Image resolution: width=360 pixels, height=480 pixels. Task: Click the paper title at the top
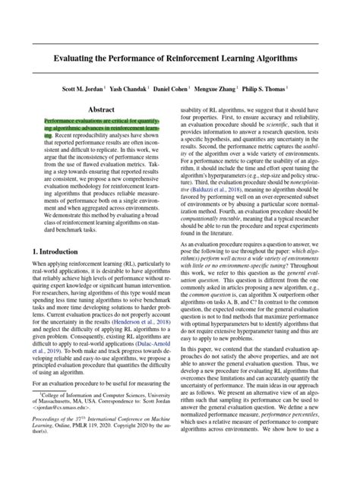coord(180,58)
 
